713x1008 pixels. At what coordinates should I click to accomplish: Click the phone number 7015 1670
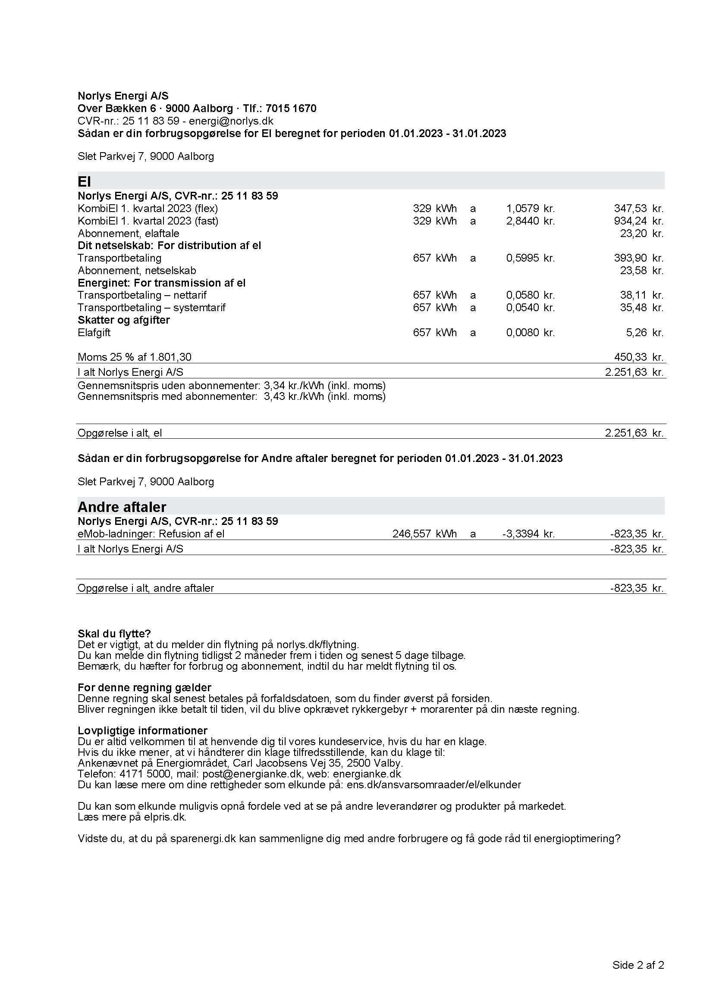coord(290,109)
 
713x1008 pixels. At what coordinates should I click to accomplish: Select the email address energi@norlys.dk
coord(231,121)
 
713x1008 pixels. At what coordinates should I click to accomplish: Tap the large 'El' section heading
coord(84,181)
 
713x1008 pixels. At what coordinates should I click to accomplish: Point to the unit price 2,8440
coord(522,221)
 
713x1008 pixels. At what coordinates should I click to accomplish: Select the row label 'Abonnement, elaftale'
coord(128,234)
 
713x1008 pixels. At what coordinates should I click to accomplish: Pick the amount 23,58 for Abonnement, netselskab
coord(633,271)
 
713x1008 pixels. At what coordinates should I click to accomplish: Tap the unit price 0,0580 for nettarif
coord(522,295)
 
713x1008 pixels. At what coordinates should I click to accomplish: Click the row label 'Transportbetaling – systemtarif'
coord(151,308)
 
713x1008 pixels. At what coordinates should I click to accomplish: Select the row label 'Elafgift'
coord(94,333)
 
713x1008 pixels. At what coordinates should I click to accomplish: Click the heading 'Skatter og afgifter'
coord(123,320)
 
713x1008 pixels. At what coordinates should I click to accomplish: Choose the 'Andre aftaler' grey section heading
coord(122,507)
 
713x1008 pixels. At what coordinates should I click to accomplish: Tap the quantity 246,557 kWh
coord(424,534)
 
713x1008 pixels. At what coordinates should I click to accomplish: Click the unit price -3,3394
coord(521,534)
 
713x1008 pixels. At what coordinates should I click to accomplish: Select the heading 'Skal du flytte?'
coord(114,634)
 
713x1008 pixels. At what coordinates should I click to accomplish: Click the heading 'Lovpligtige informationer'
coord(142,730)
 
